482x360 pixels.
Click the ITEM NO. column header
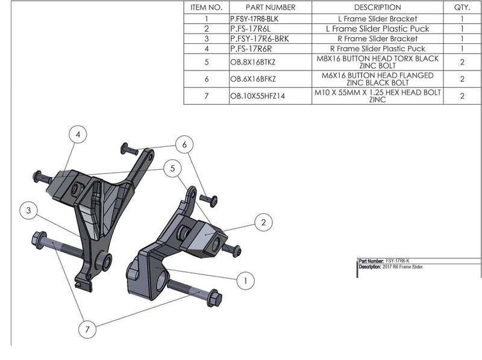click(206, 8)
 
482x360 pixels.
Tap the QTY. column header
click(462, 8)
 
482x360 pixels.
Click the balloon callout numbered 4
click(78, 136)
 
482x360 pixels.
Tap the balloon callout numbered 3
click(28, 210)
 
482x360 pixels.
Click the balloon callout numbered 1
click(245, 281)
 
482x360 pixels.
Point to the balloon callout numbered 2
click(263, 223)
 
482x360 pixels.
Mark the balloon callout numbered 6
click(185, 144)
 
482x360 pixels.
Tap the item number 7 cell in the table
click(206, 96)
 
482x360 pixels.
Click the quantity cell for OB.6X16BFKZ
click(462, 79)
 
